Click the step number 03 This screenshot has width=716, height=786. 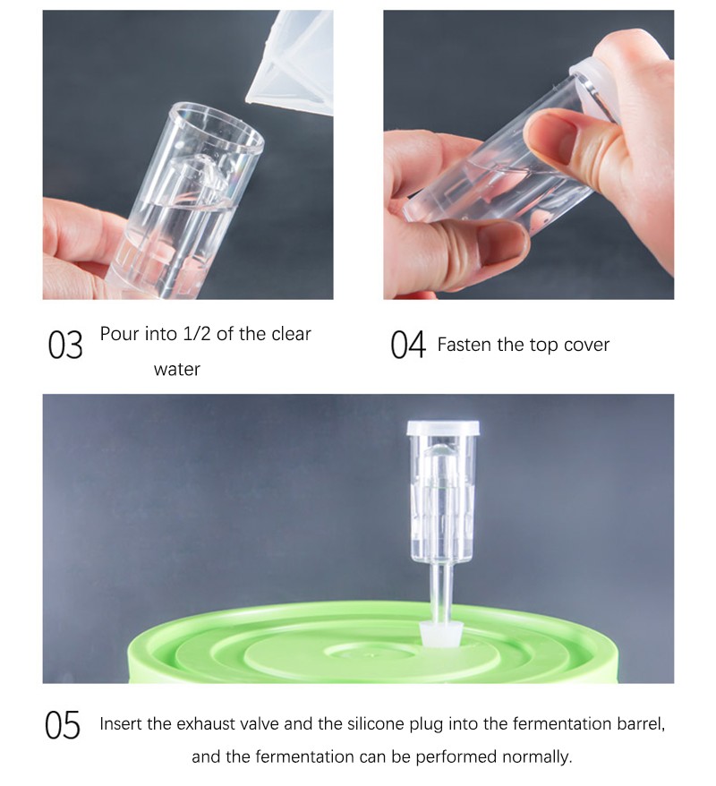[65, 345]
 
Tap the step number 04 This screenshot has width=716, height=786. [408, 345]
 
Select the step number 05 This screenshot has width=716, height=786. [63, 725]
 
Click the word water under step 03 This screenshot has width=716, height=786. [177, 370]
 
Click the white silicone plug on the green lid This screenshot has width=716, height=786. [440, 634]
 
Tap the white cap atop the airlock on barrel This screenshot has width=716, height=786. [443, 428]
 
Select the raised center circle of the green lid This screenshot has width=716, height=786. [370, 653]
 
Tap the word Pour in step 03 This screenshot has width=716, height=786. [120, 334]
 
